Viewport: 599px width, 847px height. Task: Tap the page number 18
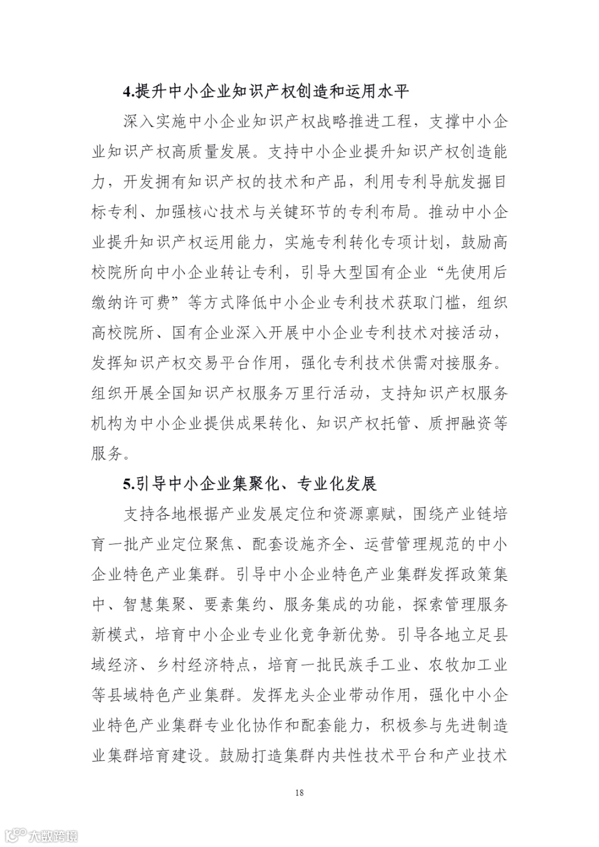click(x=299, y=792)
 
